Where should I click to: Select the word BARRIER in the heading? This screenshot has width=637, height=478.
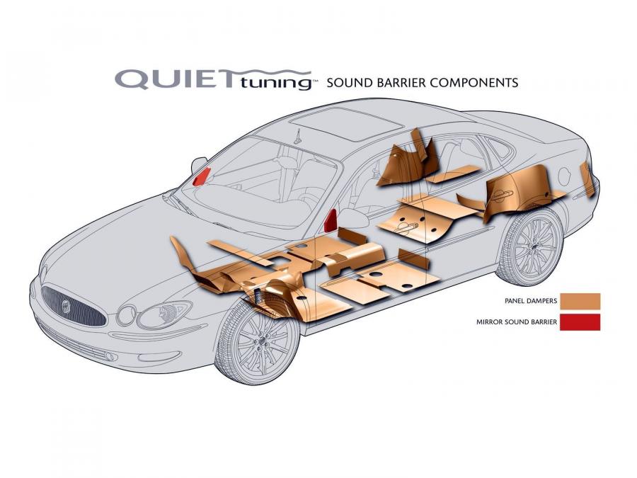click(400, 83)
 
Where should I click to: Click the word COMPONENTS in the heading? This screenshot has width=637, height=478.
click(474, 83)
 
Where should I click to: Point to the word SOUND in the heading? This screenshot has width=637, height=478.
click(350, 83)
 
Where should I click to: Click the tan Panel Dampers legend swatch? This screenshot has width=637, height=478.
click(580, 301)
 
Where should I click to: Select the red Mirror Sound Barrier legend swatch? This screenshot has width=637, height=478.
click(580, 322)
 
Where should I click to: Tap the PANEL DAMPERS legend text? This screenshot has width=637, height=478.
click(531, 301)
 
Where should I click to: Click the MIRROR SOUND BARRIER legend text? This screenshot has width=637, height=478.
click(517, 322)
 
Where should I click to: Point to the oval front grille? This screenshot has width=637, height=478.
click(73, 306)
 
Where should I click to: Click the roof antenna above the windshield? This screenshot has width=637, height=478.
click(299, 136)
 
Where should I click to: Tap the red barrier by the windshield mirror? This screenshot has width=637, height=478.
click(202, 176)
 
